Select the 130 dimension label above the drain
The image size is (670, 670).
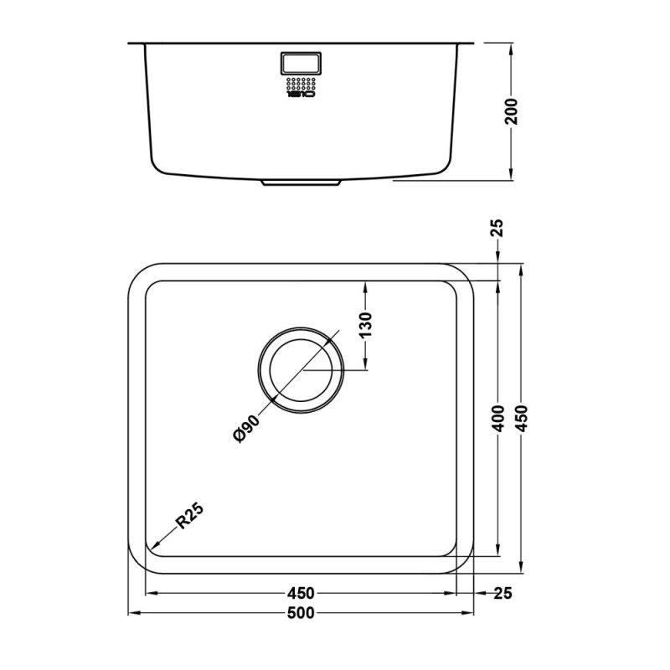366,322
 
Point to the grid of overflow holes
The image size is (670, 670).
300,85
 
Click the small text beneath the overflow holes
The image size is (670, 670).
300,95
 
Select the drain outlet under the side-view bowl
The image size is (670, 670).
301,181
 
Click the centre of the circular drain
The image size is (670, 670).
301,369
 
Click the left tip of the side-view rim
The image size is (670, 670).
129,42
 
